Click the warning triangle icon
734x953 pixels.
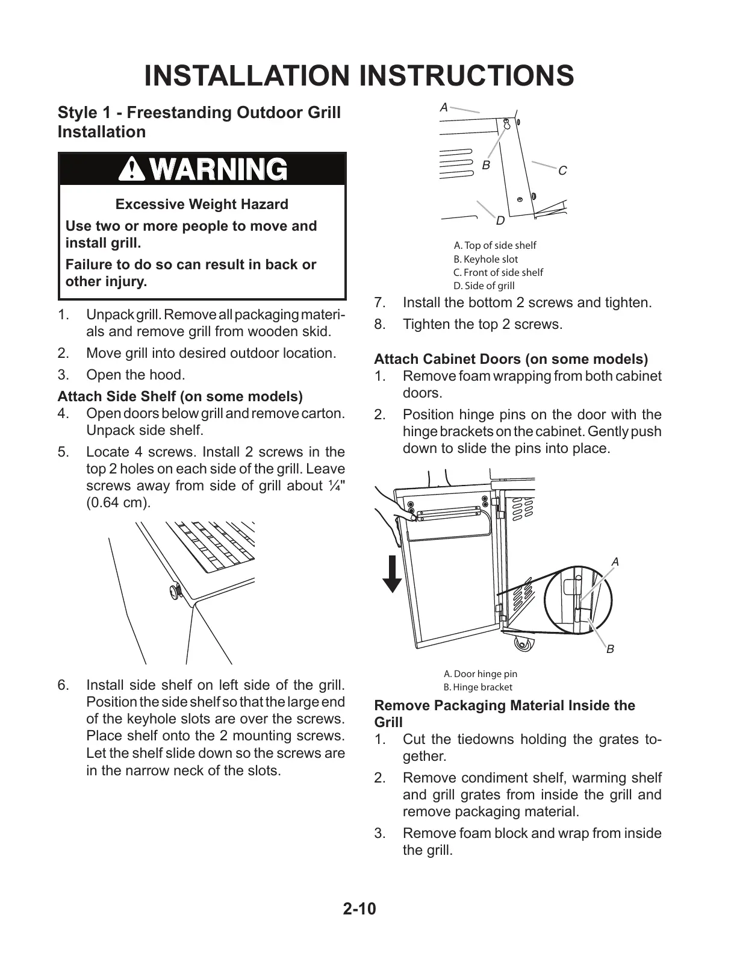click(x=131, y=169)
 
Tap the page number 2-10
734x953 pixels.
click(x=359, y=908)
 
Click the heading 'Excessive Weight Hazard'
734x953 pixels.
click(x=202, y=204)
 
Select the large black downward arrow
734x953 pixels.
click(x=393, y=574)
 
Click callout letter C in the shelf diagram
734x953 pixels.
click(x=562, y=171)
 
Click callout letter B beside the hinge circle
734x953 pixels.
click(x=610, y=649)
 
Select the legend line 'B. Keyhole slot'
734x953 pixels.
click(x=485, y=259)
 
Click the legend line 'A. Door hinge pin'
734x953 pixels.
click(x=480, y=674)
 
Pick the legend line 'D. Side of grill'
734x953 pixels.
click(x=484, y=286)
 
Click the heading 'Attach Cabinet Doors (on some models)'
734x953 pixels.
click(x=511, y=360)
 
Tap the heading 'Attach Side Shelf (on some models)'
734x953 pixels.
click(x=180, y=396)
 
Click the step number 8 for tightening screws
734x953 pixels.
click(x=379, y=325)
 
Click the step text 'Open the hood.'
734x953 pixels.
click(x=135, y=375)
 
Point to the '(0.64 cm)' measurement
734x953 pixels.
click(x=118, y=502)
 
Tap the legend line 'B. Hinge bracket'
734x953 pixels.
click(x=477, y=687)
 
